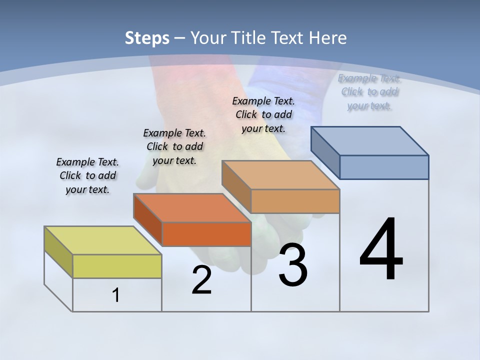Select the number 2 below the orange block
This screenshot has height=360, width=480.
201,280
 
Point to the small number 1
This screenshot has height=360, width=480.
116,295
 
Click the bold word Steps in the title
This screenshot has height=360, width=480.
147,38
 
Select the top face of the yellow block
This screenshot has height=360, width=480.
103,240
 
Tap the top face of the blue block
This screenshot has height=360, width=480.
370,140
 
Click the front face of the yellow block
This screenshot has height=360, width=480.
117,266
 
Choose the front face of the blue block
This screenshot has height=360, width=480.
384,167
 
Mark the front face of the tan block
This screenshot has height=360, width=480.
295,201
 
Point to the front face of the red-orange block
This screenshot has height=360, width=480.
206,234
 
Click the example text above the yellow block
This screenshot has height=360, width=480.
87,175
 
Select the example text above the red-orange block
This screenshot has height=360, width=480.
174,146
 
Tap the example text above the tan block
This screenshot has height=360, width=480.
263,114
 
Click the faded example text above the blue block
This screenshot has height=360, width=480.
369,91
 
